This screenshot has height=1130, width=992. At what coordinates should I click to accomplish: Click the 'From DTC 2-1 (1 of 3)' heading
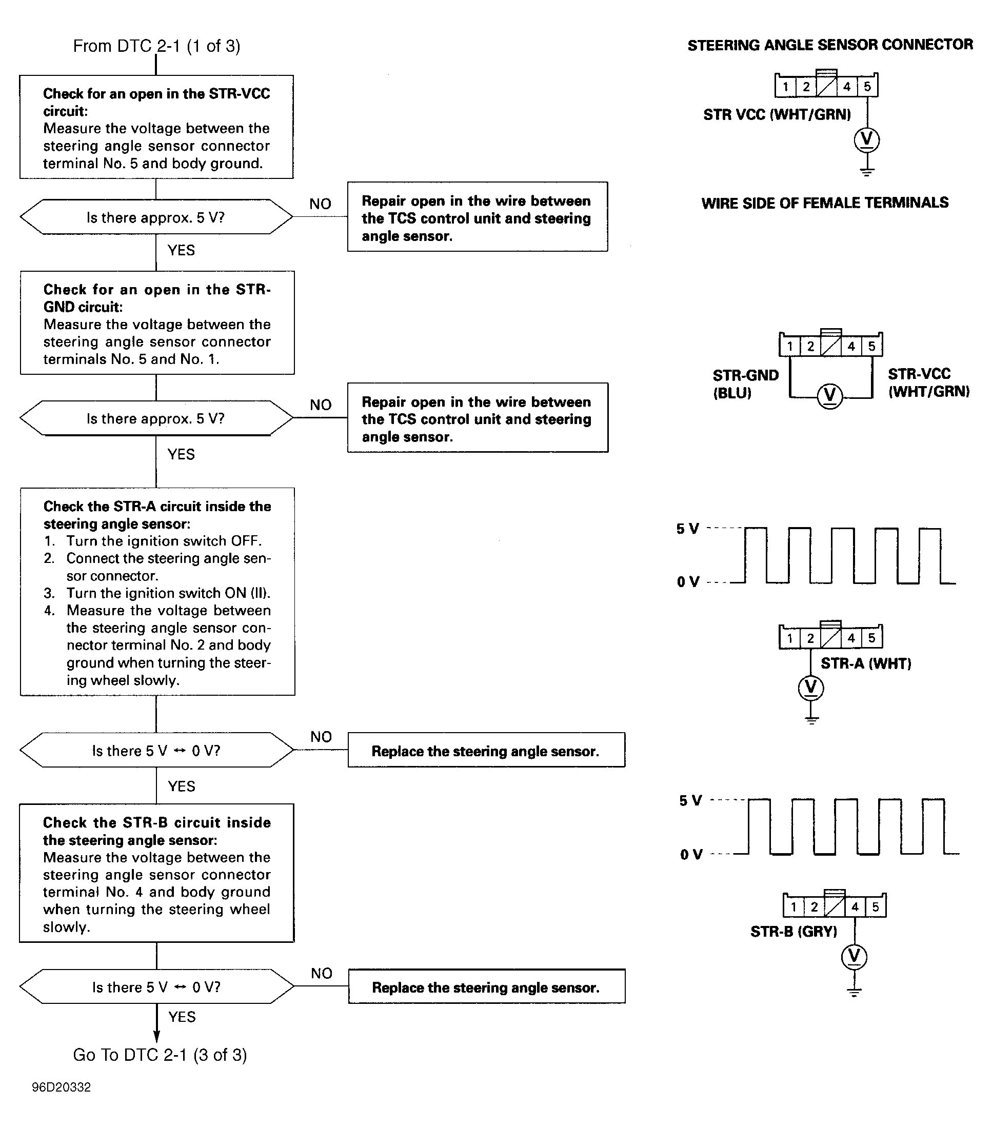(156, 46)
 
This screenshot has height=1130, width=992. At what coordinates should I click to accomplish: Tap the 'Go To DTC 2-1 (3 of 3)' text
(160, 1055)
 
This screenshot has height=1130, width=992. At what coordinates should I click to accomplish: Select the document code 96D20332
(61, 1087)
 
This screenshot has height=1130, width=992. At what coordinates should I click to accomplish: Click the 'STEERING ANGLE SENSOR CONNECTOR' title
(830, 45)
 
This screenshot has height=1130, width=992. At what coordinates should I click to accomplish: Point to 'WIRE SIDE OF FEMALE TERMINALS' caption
(824, 203)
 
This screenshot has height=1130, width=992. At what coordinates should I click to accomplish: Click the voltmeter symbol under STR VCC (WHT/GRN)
(866, 139)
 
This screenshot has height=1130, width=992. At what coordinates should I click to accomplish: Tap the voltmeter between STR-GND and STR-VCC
(829, 396)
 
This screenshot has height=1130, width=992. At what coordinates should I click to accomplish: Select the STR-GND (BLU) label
(745, 384)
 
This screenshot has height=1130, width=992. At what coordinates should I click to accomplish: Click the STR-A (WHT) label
(865, 663)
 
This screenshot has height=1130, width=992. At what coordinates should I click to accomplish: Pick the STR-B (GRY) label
(793, 932)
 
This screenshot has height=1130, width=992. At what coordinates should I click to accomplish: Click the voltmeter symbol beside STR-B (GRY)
(855, 956)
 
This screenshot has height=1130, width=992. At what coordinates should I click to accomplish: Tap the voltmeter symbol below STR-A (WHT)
(810, 688)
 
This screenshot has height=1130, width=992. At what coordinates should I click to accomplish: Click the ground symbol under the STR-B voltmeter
(855, 991)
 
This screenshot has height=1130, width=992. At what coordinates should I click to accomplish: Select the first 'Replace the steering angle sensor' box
(486, 750)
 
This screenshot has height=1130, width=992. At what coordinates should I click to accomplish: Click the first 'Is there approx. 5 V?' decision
(156, 217)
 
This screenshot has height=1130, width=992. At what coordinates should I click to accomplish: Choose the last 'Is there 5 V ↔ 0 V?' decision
(156, 987)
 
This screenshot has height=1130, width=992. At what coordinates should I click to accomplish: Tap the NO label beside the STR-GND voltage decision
(321, 405)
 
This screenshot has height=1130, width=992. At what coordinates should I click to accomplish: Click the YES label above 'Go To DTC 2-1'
(182, 1017)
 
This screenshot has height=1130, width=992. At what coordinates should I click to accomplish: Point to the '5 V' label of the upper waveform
(687, 529)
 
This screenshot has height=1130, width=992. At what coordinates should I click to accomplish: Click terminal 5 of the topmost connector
(867, 87)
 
